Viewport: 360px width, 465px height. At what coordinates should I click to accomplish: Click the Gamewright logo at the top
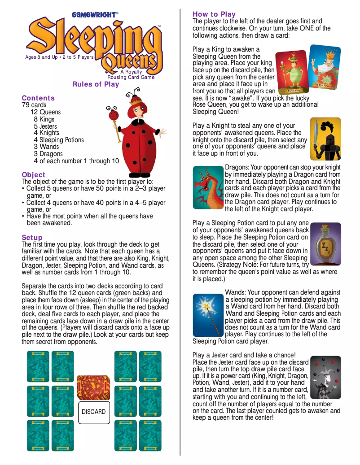95,14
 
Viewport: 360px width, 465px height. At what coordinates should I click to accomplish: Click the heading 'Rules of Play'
96,84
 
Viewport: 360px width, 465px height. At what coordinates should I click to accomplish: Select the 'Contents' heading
38,98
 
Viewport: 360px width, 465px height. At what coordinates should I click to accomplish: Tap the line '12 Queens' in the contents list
45,112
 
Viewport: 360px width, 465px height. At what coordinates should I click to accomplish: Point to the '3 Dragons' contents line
48,154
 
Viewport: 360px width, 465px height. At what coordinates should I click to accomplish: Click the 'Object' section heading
33,174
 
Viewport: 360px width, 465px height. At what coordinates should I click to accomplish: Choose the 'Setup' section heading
32,237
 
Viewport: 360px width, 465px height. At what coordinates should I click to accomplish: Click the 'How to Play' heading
214,14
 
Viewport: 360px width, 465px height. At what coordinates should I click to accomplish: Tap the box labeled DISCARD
93,412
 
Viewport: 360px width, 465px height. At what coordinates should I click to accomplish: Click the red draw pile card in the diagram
93,387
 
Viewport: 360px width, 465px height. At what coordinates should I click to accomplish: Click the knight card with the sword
325,139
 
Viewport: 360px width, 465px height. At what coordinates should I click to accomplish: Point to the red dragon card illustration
208,187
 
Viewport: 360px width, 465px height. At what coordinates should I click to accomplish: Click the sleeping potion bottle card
325,244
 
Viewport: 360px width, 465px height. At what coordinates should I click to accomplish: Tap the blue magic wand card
208,315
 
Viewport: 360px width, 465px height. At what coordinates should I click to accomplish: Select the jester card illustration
325,378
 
